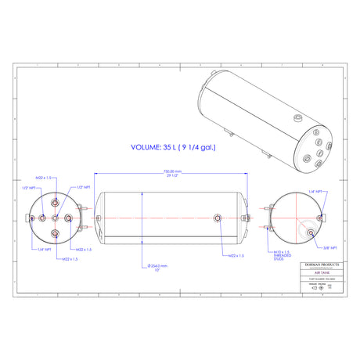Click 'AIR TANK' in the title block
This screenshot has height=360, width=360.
click(320, 274)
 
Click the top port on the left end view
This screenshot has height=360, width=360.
click(54, 201)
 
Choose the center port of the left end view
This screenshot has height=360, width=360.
click(54, 217)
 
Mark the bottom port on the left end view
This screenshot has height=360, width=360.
click(54, 232)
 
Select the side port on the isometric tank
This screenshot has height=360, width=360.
click(297, 118)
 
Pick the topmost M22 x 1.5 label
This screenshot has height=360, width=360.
click(44, 178)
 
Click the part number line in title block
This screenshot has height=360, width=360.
click(320, 280)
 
